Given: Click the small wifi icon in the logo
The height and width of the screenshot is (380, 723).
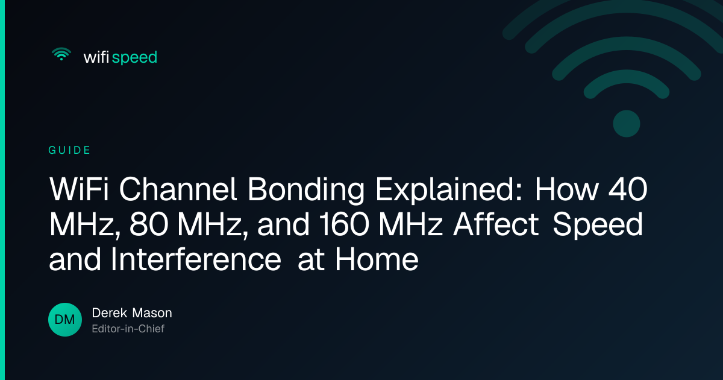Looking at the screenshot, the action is (61, 54).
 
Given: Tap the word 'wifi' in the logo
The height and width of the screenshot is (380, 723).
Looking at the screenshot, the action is (96, 57).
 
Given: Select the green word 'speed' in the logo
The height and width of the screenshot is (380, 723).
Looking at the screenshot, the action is (134, 58).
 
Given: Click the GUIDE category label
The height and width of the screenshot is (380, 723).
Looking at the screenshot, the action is (69, 150).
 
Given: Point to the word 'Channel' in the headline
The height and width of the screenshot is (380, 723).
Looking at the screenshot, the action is (178, 189).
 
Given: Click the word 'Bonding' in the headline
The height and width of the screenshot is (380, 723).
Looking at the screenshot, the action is (306, 191).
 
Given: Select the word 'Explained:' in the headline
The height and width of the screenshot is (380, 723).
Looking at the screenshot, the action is (449, 191).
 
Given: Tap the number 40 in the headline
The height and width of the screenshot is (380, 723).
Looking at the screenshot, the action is (628, 189).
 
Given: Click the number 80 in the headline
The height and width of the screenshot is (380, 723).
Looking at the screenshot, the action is (149, 224).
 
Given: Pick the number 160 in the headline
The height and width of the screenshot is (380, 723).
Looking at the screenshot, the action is (345, 224).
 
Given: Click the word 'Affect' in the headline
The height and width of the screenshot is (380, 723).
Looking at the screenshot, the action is (496, 224).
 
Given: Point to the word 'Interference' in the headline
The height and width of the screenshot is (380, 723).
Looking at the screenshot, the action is (196, 259).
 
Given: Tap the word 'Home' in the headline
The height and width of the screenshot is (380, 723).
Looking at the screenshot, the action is (377, 259).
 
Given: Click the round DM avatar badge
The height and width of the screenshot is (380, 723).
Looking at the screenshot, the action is (65, 320).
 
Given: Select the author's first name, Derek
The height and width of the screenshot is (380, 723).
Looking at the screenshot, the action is (110, 313).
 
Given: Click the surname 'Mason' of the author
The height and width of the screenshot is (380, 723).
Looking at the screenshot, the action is (152, 313).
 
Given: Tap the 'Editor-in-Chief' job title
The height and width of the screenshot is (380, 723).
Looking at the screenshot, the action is (128, 329).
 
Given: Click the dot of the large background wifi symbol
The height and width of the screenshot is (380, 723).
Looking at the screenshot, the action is (627, 124).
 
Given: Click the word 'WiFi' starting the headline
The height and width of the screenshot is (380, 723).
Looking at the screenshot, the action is (79, 189).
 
